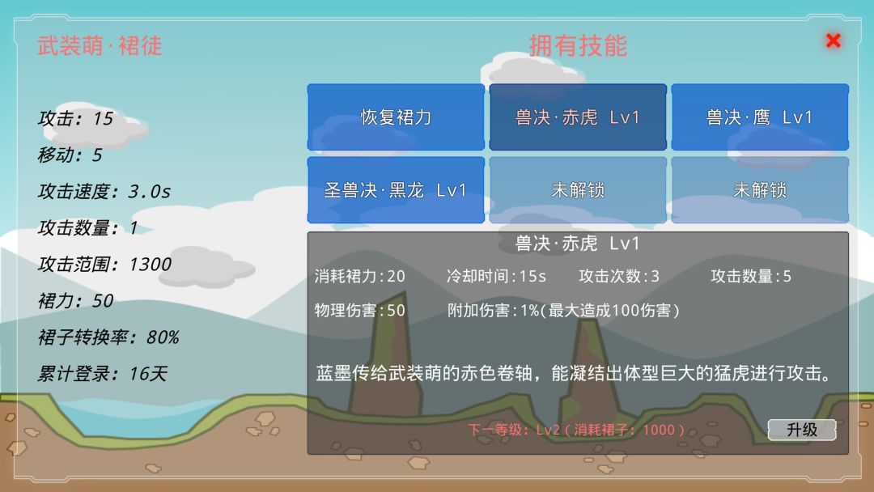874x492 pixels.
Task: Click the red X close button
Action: [x=834, y=40]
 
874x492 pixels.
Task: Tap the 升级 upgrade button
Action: [x=801, y=430]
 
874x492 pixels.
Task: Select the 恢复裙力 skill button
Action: [x=396, y=117]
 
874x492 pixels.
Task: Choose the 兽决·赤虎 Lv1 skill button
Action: [x=578, y=117]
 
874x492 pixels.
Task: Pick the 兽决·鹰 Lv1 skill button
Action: [x=760, y=117]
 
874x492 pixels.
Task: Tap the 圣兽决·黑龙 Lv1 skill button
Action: [x=396, y=190]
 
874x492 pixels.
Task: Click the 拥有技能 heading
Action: [x=578, y=45]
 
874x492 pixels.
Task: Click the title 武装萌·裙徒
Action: [x=100, y=45]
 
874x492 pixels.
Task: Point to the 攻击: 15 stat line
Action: [x=75, y=119]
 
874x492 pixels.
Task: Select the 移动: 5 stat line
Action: [x=70, y=155]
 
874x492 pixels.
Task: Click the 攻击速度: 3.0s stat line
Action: [x=104, y=192]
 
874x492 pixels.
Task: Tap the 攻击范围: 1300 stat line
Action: [x=104, y=265]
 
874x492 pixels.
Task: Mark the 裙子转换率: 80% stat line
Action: [x=108, y=337]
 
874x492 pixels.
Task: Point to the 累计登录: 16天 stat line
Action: [x=102, y=374]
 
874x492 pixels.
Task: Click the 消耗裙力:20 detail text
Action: [x=360, y=277]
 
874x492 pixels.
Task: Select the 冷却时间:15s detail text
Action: [x=496, y=277]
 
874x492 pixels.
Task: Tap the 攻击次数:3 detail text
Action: [x=619, y=277]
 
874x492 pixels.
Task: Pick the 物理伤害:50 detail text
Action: [x=360, y=311]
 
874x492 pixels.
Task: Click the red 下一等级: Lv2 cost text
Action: [x=576, y=430]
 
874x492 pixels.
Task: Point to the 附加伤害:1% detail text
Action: [x=563, y=311]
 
